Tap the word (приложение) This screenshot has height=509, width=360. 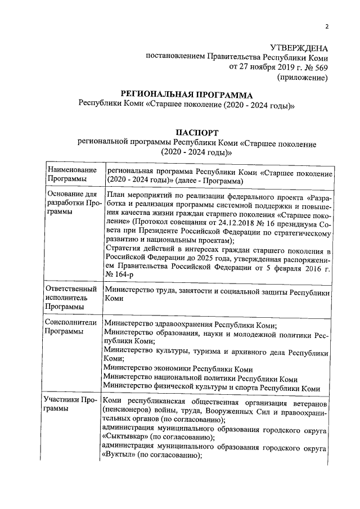303,78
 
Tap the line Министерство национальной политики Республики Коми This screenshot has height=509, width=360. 201,379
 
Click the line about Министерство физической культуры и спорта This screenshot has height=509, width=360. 212,389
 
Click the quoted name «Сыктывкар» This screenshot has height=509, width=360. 127,437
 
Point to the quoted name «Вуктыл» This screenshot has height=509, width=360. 121,457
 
